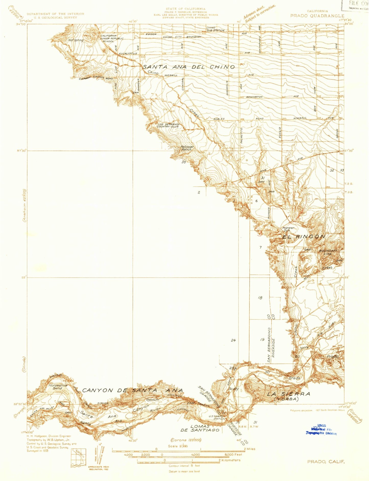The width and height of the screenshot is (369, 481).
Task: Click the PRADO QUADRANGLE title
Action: click(x=317, y=16)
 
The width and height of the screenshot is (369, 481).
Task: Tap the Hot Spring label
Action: click(x=76, y=40)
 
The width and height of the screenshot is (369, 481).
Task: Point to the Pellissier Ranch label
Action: click(x=187, y=148)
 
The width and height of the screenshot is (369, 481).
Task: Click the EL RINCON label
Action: click(x=304, y=237)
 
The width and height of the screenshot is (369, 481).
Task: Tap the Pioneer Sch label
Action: click(x=288, y=229)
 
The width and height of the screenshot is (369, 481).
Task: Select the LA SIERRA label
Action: click(x=289, y=394)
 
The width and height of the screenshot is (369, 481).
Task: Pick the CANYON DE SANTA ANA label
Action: click(x=133, y=390)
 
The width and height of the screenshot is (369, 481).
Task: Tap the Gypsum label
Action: click(x=152, y=400)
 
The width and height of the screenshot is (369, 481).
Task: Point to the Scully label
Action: click(x=234, y=389)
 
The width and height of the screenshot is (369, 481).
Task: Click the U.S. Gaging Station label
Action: click(x=217, y=418)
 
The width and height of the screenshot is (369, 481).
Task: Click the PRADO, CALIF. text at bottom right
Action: click(x=326, y=462)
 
